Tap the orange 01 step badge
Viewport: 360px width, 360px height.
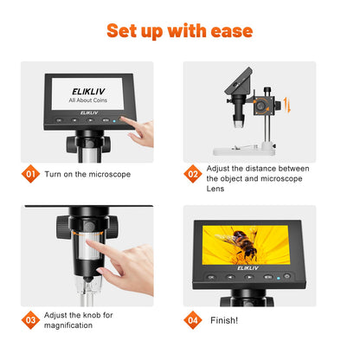coord(31,174)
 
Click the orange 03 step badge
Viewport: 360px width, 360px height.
coord(31,318)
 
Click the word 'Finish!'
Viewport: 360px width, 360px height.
coord(226,319)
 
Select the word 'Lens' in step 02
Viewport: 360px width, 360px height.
coord(216,190)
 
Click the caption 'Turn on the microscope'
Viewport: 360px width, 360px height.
coord(87,174)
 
